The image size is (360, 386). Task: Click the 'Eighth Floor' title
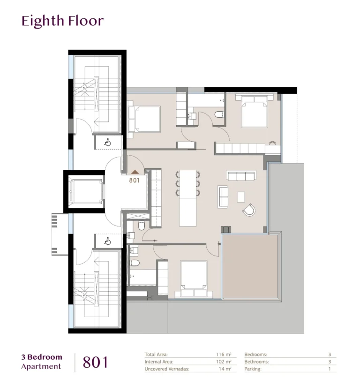point(62,21)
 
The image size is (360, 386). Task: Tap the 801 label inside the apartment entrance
point(135,181)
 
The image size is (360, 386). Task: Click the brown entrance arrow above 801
point(135,172)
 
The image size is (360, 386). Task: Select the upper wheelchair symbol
point(107,143)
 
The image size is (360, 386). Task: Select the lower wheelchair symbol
point(107,241)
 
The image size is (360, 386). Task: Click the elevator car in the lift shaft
point(86,191)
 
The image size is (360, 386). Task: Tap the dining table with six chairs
point(188,198)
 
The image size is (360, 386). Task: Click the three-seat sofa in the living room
point(241,175)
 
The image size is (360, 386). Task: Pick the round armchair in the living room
point(249,210)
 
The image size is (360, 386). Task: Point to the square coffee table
point(241,197)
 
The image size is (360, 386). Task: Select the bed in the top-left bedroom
point(144,119)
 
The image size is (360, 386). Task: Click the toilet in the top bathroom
point(219,114)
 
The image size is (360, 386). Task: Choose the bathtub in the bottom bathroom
point(142,277)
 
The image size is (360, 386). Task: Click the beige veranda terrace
point(250,266)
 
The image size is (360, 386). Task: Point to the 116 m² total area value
point(224,355)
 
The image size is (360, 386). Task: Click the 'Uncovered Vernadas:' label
point(167,369)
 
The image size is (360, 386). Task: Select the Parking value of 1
point(330,369)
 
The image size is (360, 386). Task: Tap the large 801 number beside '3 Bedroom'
point(95,363)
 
